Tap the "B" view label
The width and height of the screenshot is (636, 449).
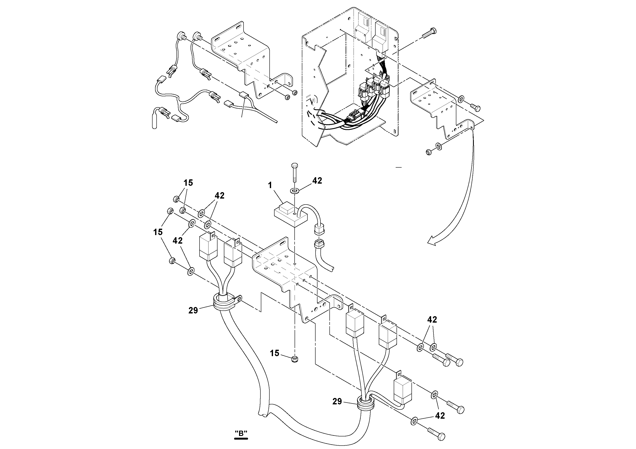click(x=241, y=433)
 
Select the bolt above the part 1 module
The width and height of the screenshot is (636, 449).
click(x=294, y=172)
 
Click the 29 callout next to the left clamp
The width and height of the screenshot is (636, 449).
click(x=193, y=311)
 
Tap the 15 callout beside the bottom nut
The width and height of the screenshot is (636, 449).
click(x=275, y=353)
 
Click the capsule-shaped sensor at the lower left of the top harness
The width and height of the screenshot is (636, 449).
click(x=155, y=122)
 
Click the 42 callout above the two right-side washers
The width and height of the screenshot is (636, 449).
click(x=432, y=320)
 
